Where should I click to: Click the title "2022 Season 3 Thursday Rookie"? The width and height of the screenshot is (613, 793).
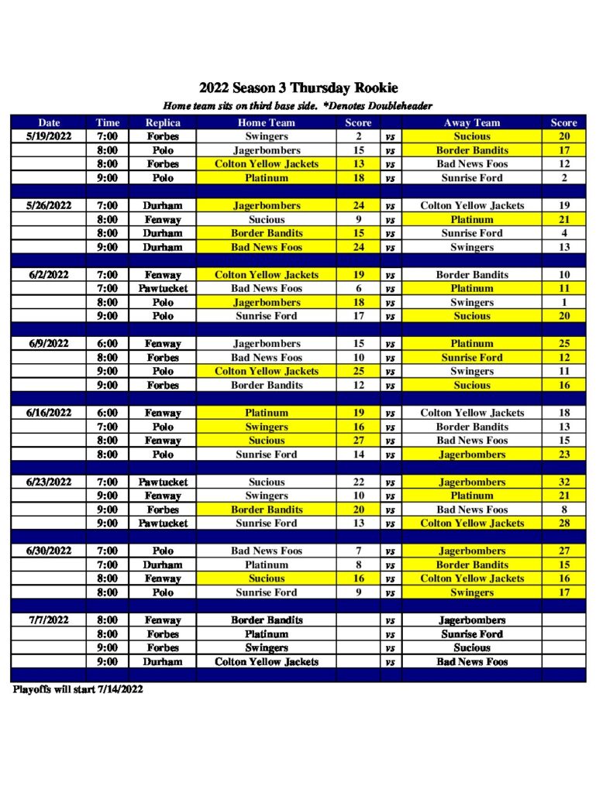(298, 88)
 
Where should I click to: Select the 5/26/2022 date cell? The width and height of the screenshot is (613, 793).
(48, 206)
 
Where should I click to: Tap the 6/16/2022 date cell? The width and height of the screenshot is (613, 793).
(48, 414)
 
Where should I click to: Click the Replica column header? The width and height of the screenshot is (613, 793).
(163, 122)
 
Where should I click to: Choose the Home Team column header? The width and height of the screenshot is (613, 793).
(267, 122)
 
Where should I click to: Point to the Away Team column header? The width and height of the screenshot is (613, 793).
(472, 122)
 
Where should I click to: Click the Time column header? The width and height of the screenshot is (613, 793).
(108, 122)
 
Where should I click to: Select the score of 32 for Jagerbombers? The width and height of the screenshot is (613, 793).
(564, 482)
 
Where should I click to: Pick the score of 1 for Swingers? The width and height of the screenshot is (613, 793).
(564, 303)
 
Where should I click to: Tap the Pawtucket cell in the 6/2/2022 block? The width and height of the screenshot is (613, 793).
(163, 289)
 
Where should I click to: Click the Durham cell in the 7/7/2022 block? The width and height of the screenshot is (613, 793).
(163, 662)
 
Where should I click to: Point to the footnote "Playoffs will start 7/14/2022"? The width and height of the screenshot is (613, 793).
(77, 689)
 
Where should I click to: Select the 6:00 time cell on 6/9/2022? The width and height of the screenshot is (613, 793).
(108, 344)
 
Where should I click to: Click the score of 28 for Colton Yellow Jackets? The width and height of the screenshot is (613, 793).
(564, 524)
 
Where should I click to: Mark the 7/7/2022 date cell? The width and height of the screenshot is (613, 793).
(48, 620)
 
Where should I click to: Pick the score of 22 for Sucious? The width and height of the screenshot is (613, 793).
(358, 482)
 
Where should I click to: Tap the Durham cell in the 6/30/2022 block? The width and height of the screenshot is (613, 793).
(163, 565)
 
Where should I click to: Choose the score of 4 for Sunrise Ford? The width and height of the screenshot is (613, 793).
(564, 233)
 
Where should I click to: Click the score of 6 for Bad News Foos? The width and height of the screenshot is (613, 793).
(358, 289)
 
